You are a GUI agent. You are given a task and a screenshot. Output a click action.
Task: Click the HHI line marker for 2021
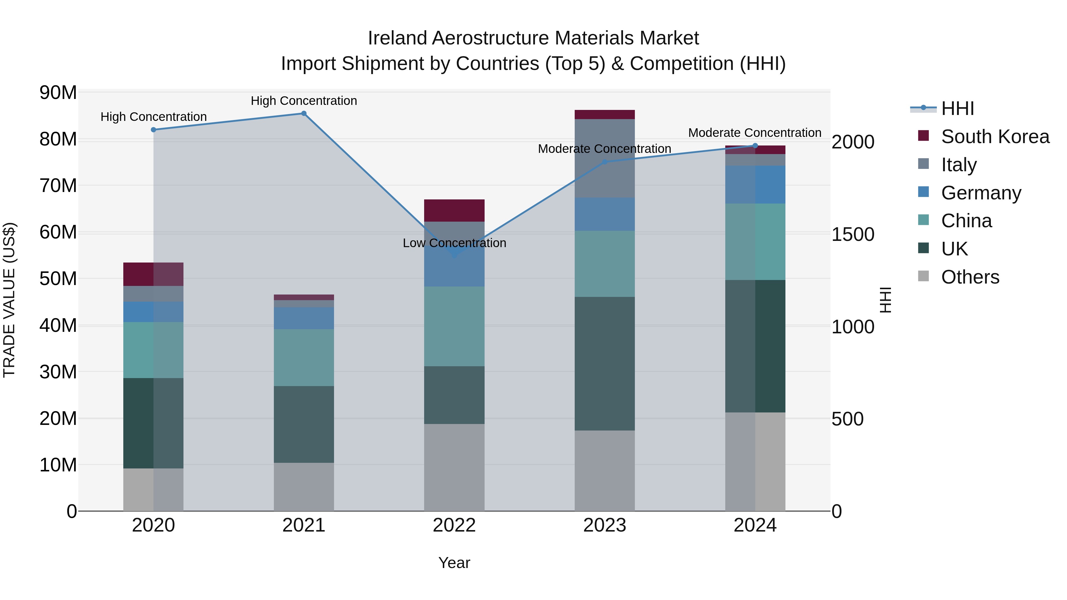304,113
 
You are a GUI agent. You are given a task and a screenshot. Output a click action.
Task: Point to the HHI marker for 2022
454,255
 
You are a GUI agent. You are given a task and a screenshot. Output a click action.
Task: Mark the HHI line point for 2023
604,162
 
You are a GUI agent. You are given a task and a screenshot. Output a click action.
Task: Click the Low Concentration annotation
454,243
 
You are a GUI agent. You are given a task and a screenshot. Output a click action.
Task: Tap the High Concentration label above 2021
304,101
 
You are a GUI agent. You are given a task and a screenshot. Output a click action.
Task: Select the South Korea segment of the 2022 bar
454,211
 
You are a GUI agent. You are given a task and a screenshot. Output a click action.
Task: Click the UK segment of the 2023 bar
604,364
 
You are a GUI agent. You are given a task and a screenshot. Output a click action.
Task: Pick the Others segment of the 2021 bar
304,487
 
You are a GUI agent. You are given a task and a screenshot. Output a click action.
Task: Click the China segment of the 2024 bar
755,242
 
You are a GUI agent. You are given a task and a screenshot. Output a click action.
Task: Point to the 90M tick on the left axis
58,92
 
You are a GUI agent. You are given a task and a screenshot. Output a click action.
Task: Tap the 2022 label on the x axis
454,525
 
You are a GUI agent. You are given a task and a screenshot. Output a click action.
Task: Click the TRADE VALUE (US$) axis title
9,300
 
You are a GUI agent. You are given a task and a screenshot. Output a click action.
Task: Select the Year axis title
454,563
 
